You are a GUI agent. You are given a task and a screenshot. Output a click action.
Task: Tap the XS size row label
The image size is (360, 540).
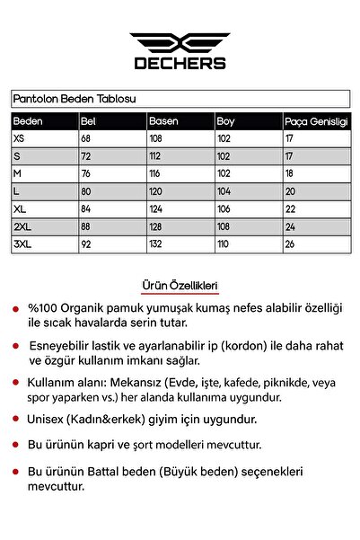[20, 137]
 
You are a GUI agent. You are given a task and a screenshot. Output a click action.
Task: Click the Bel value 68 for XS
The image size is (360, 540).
[87, 137]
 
